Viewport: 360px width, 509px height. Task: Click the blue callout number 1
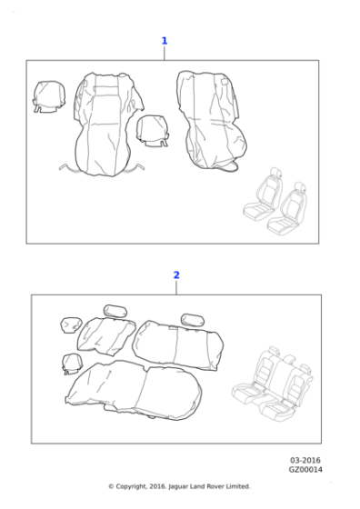(165, 41)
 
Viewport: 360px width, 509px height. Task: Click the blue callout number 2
(176, 274)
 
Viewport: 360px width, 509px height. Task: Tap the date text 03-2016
(305, 460)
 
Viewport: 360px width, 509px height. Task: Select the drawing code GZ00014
(305, 469)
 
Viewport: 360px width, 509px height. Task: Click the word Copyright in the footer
(132, 486)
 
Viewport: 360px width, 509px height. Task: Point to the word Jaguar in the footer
(178, 486)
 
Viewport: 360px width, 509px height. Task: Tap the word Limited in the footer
(236, 486)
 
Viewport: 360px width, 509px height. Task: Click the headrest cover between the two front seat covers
(153, 131)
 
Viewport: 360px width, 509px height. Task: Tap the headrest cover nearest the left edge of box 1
(49, 96)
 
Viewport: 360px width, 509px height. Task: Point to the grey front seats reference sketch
(275, 201)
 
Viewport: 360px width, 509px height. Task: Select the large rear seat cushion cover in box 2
(133, 390)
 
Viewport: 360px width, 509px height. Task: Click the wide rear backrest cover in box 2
(178, 345)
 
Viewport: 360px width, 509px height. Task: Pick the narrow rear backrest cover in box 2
(105, 336)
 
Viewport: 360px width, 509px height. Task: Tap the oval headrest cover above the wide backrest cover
(193, 320)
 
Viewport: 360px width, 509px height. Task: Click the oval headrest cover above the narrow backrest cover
(115, 312)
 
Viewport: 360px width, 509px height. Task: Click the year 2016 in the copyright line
(158, 486)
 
